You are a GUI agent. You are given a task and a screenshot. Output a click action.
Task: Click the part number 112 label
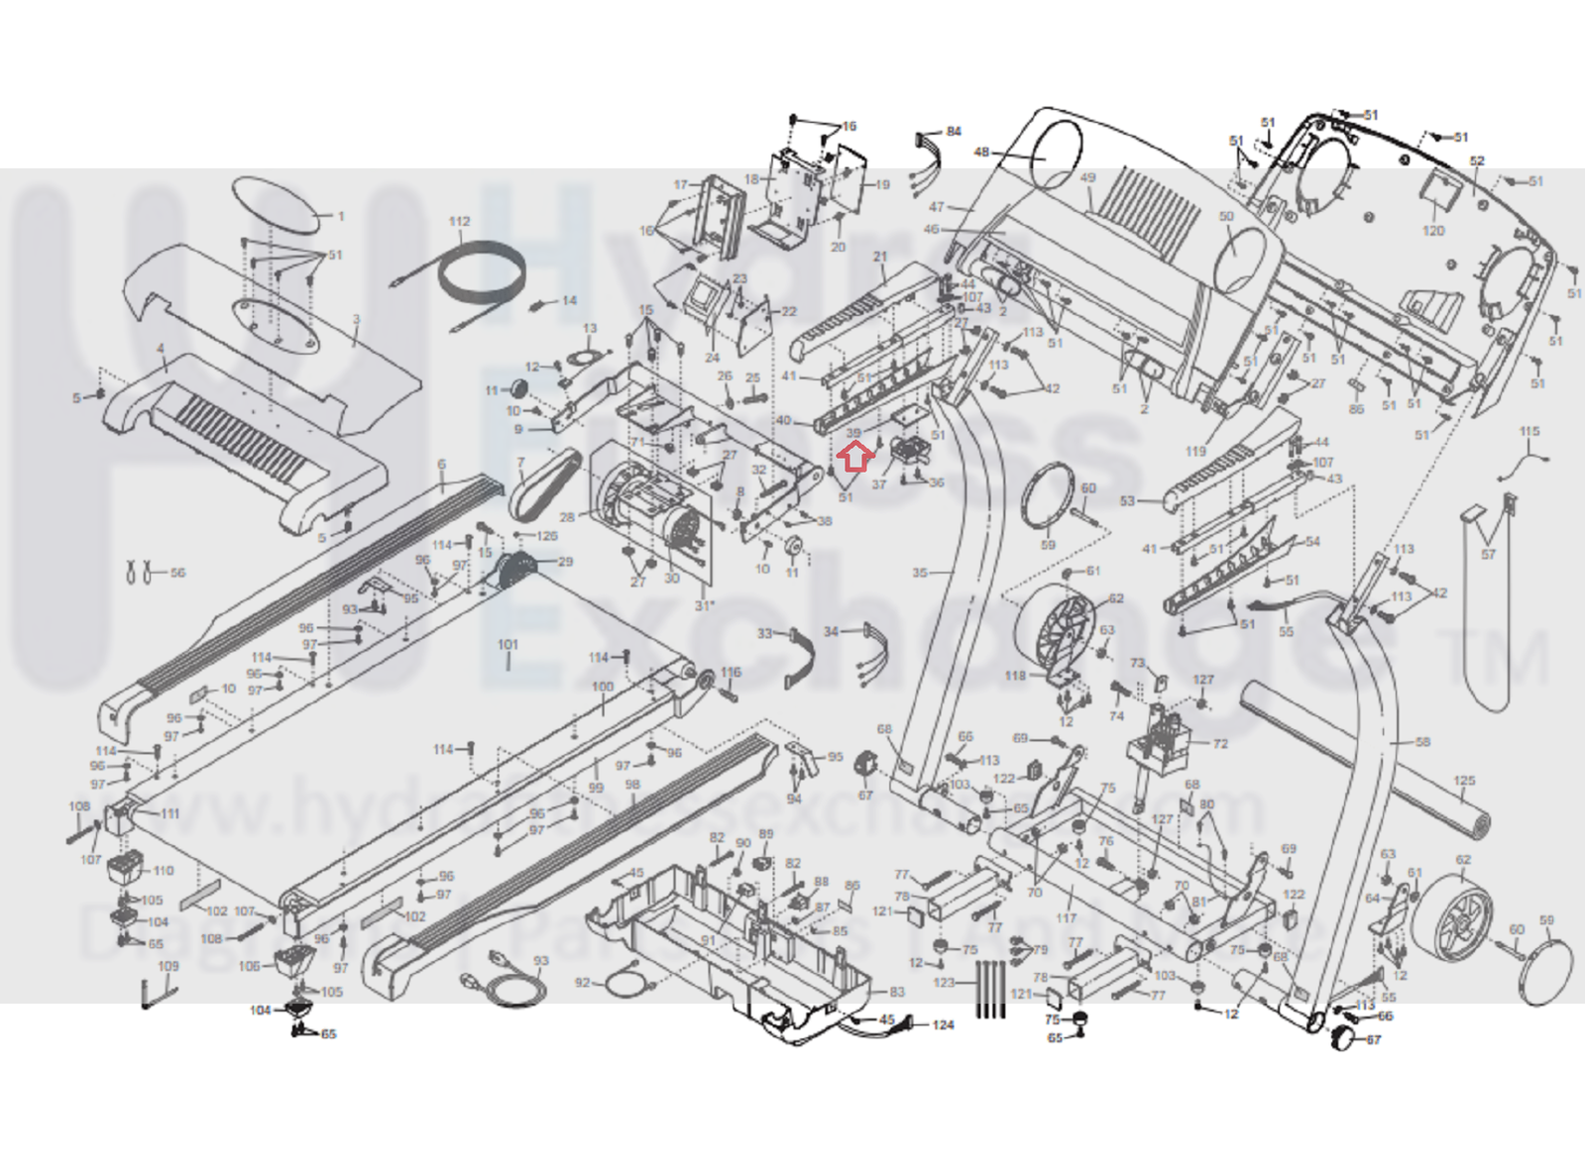[x=459, y=222]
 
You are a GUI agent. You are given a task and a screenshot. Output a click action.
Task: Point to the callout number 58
[x=1422, y=742]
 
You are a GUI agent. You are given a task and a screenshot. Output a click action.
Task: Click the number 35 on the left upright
[x=920, y=573]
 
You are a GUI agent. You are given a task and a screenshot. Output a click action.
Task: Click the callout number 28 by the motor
[x=567, y=517]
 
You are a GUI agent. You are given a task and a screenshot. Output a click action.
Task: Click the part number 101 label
[x=508, y=645]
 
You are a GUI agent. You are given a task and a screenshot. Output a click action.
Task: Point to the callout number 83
[x=897, y=992]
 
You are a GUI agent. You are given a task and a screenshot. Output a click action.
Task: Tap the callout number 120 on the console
[x=1433, y=231]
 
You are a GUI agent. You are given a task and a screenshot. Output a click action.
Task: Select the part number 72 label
[x=1219, y=743]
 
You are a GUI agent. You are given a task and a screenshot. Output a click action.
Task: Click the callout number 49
[x=1088, y=178]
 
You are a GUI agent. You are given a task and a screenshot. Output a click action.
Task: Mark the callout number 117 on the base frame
[x=1067, y=918]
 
